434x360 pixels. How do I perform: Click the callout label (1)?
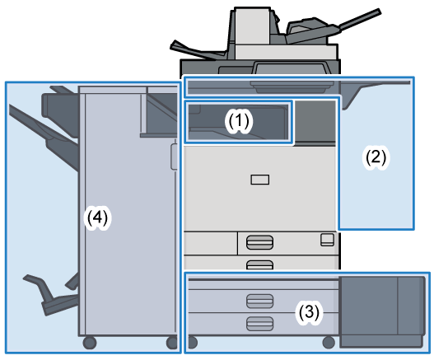point(239,121)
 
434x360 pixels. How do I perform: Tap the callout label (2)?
point(376,157)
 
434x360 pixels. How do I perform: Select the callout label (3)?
point(309,312)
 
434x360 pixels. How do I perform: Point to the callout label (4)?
point(97,217)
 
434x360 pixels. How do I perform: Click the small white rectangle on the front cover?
point(260,180)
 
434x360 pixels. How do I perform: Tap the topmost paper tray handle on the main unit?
point(259,242)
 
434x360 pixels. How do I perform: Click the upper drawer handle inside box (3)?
point(259,301)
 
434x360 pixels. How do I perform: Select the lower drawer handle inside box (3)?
point(259,324)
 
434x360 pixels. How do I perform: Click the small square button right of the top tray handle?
point(327,240)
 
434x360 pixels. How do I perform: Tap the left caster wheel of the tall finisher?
point(90,343)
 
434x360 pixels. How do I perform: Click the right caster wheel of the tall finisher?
point(172,343)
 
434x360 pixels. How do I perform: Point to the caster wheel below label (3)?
point(329,342)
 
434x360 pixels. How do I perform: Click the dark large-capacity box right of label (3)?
point(382,311)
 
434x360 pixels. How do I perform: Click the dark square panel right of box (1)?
point(315,121)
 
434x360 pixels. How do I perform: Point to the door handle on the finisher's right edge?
point(174,157)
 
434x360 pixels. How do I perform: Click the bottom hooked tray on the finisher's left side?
point(51,294)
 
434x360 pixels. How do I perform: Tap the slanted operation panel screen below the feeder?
point(290,68)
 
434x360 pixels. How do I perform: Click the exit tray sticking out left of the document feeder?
point(198,50)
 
